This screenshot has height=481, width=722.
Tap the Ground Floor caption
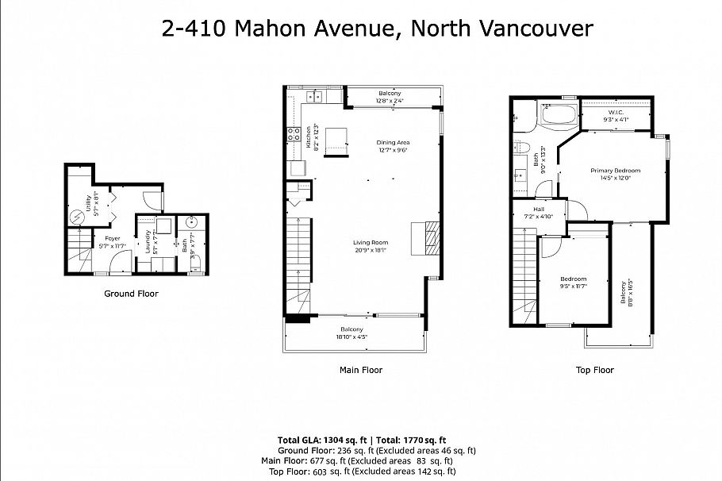131,294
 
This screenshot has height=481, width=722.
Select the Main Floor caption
360,370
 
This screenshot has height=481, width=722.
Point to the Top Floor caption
594,370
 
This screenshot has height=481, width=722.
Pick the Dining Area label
392,143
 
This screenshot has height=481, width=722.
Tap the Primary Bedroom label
615,171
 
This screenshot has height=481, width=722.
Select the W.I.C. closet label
618,113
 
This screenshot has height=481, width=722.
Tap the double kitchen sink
314,98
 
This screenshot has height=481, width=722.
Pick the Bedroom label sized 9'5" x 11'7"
574,279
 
